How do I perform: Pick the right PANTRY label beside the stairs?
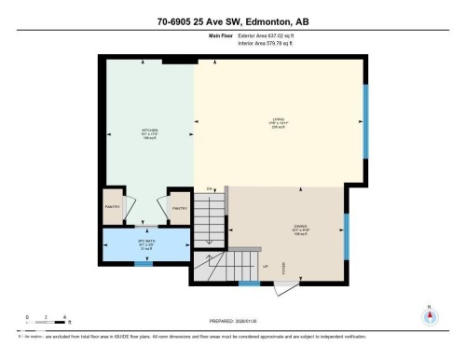pyautogui.click(x=179, y=207)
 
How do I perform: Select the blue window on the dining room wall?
pyautogui.click(x=346, y=238)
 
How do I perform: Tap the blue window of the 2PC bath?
pyautogui.click(x=142, y=264)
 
